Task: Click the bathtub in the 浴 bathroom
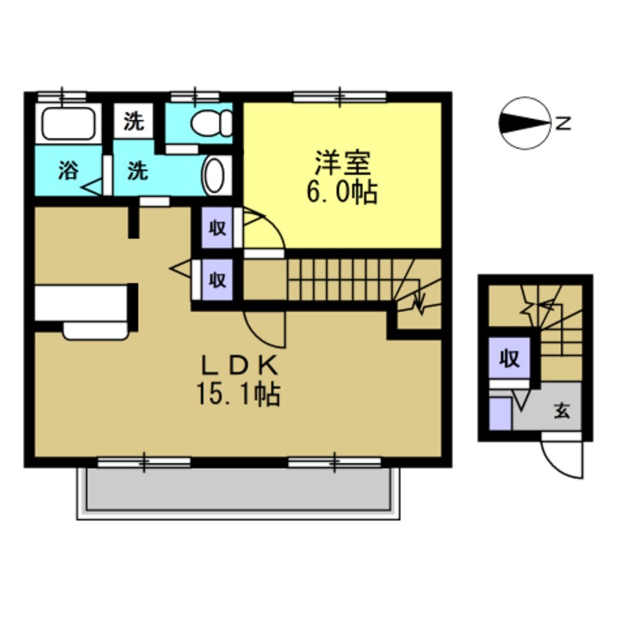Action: pos(68,124)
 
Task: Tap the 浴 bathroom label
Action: pos(67,171)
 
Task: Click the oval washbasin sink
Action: pos(215,173)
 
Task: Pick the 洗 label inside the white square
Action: pos(134,122)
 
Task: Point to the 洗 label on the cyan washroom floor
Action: pos(138,171)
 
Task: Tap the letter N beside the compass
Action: pos(564,122)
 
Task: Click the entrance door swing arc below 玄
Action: pos(564,459)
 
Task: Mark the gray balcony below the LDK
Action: pos(239,492)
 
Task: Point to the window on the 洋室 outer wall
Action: pos(339,96)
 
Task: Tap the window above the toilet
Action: pos(194,96)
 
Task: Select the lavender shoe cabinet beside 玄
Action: pos(499,412)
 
